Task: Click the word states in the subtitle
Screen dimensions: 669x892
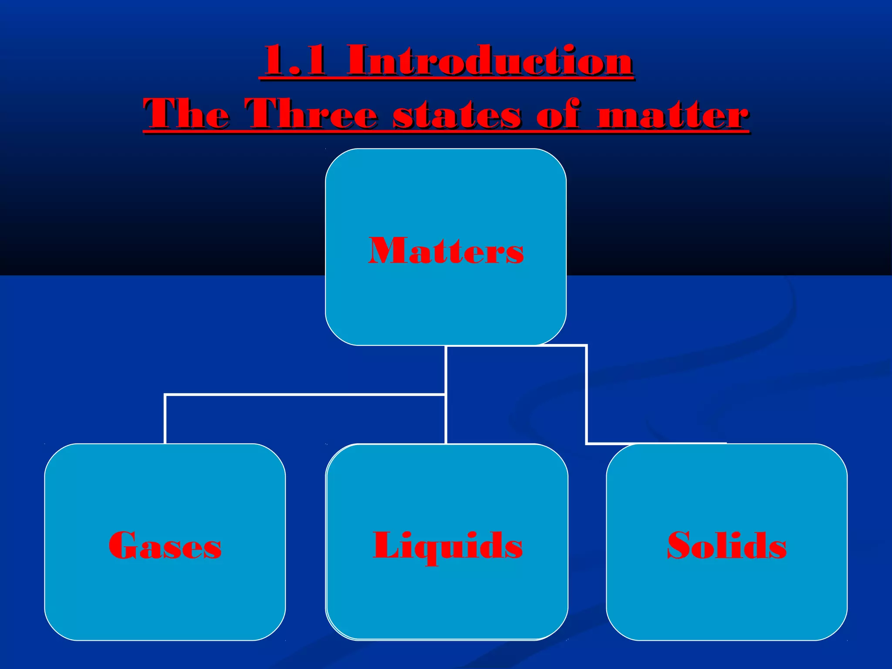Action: click(457, 115)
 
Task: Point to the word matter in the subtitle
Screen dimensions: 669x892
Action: click(673, 115)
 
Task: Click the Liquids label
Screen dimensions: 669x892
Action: click(447, 546)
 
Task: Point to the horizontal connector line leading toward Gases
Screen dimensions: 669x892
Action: click(305, 395)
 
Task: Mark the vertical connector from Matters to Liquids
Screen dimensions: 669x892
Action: click(446, 418)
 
